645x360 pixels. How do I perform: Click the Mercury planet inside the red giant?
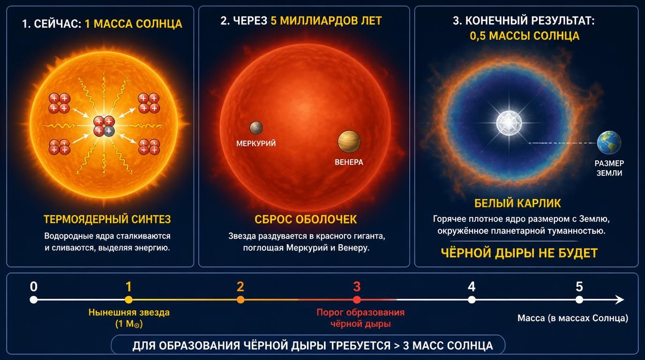(x=256, y=127)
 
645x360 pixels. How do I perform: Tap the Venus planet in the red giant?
(x=349, y=142)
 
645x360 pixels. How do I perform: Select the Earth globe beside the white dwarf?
(x=609, y=143)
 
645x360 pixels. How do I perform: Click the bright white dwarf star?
(x=509, y=123)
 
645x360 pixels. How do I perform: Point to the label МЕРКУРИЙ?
(x=256, y=143)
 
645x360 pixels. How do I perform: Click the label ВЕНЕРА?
(x=349, y=162)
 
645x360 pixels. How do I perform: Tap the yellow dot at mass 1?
(x=129, y=300)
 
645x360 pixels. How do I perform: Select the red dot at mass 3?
(x=357, y=300)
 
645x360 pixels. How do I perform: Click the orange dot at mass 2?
(x=240, y=300)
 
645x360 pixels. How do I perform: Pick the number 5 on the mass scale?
(x=579, y=286)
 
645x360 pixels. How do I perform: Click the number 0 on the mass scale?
(x=34, y=286)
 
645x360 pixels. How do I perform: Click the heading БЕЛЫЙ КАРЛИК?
(x=517, y=203)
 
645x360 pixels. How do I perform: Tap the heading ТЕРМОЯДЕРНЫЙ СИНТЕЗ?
(x=107, y=219)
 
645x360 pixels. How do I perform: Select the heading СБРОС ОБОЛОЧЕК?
(x=306, y=220)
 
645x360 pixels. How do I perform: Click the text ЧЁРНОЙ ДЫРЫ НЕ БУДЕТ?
(x=519, y=253)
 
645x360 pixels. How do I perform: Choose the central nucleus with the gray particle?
(x=104, y=126)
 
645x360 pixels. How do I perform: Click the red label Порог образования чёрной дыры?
(x=360, y=318)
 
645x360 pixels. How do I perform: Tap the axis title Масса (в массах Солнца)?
(x=573, y=318)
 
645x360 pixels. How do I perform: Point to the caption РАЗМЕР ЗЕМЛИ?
(x=609, y=168)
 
